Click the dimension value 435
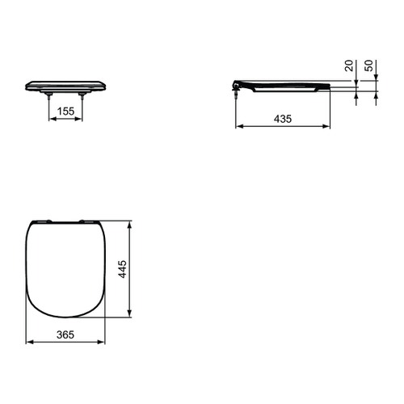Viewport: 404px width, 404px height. [x=282, y=118]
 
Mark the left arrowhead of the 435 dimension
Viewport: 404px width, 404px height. [x=238, y=126]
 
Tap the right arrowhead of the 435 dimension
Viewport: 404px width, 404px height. [x=330, y=126]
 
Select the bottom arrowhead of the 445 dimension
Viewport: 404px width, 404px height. [x=131, y=316]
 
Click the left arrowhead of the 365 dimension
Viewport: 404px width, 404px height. [x=29, y=341]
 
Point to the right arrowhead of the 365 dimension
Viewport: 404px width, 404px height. [x=105, y=341]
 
